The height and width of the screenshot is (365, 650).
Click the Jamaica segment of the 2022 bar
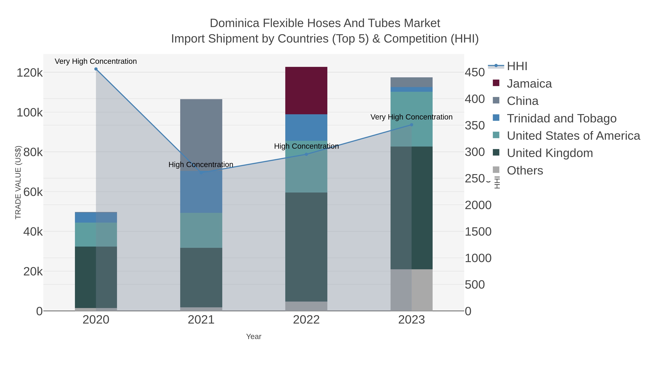[306, 91]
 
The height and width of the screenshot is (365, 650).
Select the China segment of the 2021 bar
[201, 135]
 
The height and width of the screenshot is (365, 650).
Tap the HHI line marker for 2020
[96, 69]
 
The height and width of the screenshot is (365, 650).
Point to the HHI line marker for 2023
[411, 125]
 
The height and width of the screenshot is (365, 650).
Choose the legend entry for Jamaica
[529, 84]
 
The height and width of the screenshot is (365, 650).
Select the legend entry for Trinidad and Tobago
[561, 118]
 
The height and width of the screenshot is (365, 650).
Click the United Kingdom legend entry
[550, 153]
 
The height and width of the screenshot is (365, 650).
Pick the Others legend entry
[525, 171]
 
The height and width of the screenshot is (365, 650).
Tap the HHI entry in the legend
[517, 66]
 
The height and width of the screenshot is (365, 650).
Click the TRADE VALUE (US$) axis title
[18, 182]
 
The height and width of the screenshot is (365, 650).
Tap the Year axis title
[254, 337]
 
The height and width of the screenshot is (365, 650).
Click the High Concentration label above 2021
[201, 165]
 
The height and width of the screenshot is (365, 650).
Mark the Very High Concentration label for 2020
[96, 61]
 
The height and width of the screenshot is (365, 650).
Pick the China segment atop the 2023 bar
[411, 82]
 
